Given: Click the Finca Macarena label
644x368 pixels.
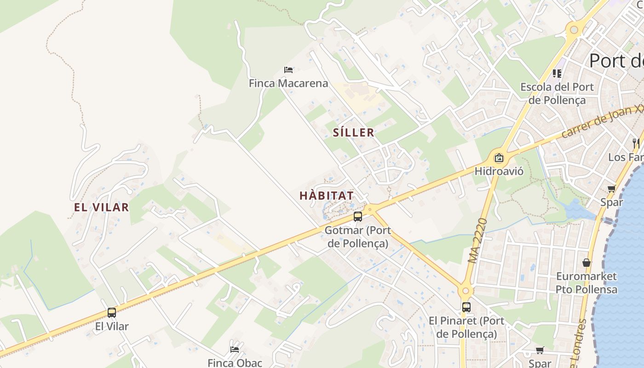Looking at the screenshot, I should click(288, 83).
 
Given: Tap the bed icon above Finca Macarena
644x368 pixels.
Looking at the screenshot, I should click(288, 70).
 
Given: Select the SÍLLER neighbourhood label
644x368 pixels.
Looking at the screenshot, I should click(353, 133).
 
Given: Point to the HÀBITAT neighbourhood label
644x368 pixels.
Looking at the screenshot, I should click(327, 195).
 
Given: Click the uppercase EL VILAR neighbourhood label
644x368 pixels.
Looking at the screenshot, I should click(101, 207).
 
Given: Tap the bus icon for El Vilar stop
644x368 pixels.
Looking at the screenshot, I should click(112, 313).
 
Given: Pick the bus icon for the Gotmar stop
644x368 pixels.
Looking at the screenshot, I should click(358, 217).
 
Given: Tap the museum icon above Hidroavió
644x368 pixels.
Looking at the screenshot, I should click(499, 158).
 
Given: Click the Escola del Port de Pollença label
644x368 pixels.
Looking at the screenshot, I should click(557, 93).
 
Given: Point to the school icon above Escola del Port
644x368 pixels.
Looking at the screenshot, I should click(557, 74).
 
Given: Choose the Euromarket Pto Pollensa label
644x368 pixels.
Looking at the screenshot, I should click(586, 283).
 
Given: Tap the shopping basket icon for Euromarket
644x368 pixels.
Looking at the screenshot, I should click(586, 263).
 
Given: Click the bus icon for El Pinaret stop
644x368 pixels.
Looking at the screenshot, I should click(466, 307).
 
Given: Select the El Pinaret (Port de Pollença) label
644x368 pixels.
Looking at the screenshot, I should click(466, 327).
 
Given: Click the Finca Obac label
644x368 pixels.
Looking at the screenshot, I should click(235, 362).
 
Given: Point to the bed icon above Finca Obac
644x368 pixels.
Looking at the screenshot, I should click(235, 349).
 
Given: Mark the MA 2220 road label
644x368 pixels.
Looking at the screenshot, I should click(477, 241).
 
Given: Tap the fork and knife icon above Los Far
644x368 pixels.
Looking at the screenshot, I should click(636, 143).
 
